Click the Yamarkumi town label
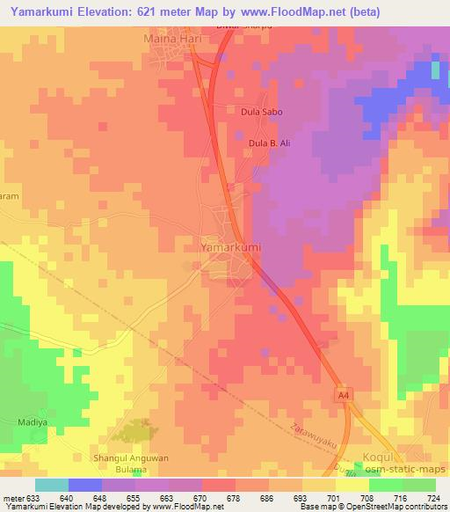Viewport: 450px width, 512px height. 232,248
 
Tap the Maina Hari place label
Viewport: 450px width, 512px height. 172,40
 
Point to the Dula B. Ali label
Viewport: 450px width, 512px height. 269,143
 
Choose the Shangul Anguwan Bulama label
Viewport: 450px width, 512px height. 129,464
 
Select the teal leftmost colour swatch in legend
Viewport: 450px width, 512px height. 51,485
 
